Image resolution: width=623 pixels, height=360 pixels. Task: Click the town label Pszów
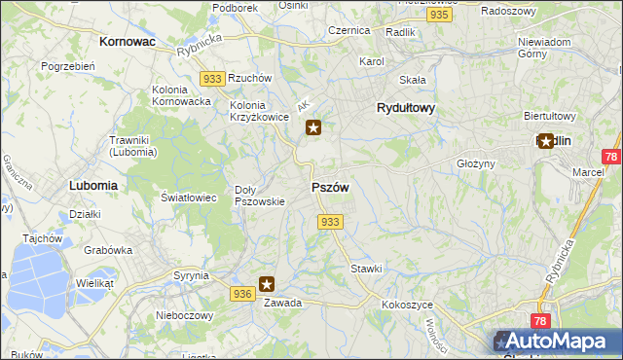click(x=330, y=187)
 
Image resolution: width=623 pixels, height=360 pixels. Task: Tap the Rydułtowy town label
click(x=405, y=109)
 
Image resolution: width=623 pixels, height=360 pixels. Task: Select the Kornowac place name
click(x=128, y=43)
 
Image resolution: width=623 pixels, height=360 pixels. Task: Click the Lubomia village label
click(x=93, y=184)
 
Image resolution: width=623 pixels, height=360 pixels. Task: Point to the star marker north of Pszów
click(x=313, y=126)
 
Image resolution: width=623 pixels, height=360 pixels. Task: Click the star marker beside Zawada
click(x=267, y=285)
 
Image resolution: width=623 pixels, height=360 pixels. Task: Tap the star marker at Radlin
click(x=546, y=141)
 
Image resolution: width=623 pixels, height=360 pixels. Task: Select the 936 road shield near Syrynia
click(x=243, y=293)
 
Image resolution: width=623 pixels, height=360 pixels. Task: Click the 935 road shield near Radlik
click(x=440, y=16)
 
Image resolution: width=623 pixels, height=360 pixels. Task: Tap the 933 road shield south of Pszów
click(x=330, y=222)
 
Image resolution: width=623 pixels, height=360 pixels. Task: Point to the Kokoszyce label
click(x=407, y=305)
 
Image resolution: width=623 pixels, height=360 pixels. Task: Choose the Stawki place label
click(x=366, y=268)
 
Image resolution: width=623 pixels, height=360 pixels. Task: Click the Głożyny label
click(x=476, y=163)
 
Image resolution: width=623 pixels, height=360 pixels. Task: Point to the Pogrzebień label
click(x=67, y=66)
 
